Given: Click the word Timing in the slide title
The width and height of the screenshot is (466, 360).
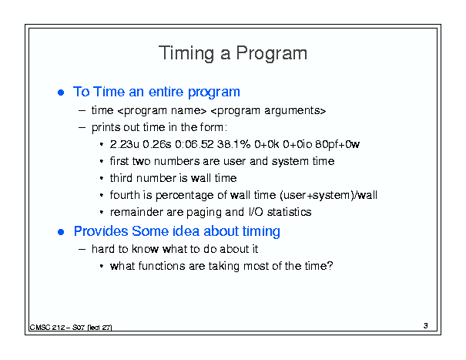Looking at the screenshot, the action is coord(186,53).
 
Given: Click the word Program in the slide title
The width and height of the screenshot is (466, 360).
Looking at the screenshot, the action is coord(271,53).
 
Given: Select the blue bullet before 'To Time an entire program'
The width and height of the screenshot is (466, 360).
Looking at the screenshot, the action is coord(61,93).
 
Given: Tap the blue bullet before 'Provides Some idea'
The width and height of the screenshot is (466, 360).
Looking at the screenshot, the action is coord(61,232).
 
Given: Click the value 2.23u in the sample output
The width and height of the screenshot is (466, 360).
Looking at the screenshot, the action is coord(124,144).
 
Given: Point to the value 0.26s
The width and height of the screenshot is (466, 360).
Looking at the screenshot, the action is coord(157,144).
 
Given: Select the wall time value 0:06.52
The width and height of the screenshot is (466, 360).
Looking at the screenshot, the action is coord(194,144).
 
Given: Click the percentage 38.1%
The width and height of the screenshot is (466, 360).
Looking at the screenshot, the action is coord(233,144).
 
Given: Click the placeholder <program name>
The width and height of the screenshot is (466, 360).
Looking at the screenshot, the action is coord(162,111).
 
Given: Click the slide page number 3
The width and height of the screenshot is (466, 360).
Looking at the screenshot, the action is coord(426,326).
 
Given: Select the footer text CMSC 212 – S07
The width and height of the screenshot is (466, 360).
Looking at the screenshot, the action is coord(57,328).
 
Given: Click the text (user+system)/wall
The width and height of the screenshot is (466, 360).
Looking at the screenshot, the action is coord(328,195).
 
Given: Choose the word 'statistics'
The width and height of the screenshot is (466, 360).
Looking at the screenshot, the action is coord(289,212).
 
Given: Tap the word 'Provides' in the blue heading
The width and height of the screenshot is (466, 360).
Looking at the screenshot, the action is coord(101,231).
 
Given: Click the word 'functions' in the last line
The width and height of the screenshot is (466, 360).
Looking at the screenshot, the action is coord(162,266).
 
